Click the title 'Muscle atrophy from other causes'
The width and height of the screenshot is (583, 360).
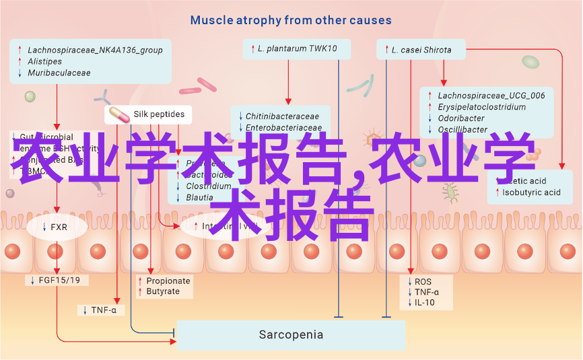[291, 20]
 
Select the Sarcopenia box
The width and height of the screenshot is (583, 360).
[291, 334]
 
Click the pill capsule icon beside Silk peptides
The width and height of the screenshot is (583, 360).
[118, 114]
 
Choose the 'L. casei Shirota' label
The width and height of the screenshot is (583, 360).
[421, 50]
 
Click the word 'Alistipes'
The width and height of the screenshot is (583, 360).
[44, 61]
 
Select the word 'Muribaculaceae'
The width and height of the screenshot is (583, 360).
[59, 73]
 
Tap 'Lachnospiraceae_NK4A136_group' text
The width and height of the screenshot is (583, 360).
[95, 50]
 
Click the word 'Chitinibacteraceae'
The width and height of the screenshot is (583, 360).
[282, 116]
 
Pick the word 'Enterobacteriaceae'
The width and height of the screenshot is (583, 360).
[283, 128]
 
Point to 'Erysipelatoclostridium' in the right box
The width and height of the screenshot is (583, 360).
[481, 107]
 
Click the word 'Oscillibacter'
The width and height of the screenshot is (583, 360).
[462, 130]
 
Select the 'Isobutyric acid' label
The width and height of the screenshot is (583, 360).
[531, 192]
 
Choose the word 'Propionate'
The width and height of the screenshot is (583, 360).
[168, 281]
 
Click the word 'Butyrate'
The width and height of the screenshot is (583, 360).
[163, 291]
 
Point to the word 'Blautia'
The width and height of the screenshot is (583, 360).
[200, 197]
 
